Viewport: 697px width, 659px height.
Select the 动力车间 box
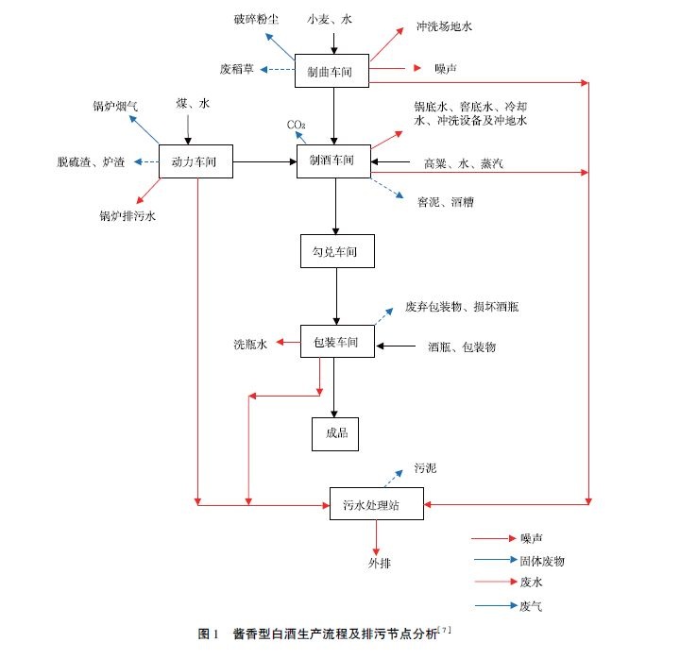[x=195, y=162]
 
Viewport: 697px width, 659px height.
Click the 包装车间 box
[x=336, y=342]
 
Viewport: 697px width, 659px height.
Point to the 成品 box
[x=337, y=432]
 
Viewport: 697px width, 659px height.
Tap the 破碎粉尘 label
[x=256, y=20]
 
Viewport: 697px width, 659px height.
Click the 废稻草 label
[x=237, y=69]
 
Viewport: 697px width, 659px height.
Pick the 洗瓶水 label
[x=251, y=345]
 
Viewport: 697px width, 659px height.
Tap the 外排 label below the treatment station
[x=379, y=564]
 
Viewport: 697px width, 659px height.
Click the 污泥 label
[x=425, y=467]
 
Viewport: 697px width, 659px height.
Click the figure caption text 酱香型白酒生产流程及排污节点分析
[x=334, y=634]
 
